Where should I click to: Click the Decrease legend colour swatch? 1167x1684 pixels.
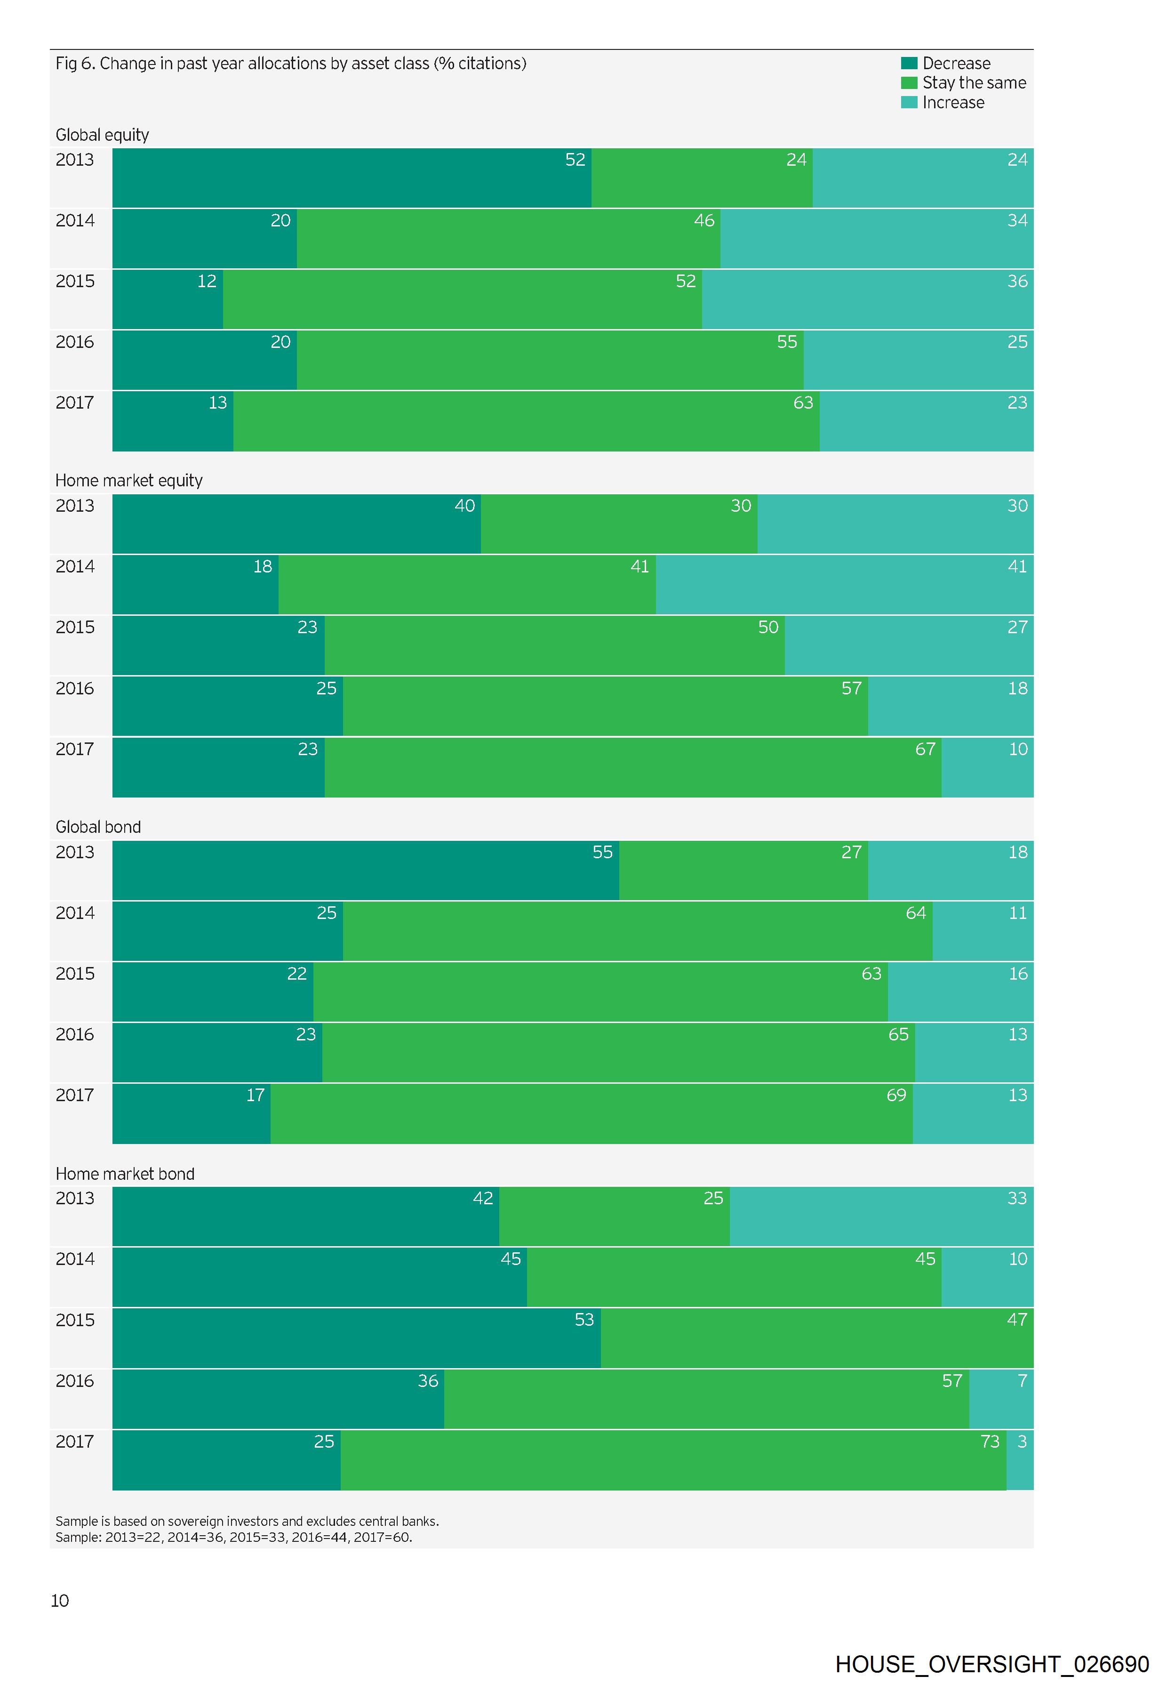[909, 63]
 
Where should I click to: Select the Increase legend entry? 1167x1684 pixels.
[953, 103]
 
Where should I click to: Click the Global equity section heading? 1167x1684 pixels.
[103, 135]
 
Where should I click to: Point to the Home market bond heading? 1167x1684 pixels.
[125, 1173]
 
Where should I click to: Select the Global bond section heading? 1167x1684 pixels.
[98, 827]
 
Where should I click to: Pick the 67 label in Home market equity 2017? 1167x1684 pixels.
[925, 749]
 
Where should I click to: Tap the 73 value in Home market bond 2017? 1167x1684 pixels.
[989, 1441]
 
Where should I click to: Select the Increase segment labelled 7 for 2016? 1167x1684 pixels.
[1001, 1399]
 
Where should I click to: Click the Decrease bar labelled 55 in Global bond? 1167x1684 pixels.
[366, 870]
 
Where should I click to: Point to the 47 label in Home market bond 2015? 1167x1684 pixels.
[1016, 1319]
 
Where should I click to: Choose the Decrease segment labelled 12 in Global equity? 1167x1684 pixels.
[168, 299]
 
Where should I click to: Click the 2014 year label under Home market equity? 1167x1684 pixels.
[74, 566]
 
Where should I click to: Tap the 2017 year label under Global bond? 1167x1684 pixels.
[74, 1095]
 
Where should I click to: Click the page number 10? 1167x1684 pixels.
[60, 1601]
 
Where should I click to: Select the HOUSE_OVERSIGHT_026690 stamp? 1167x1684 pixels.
[991, 1664]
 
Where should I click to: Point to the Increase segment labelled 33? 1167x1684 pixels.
[881, 1216]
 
